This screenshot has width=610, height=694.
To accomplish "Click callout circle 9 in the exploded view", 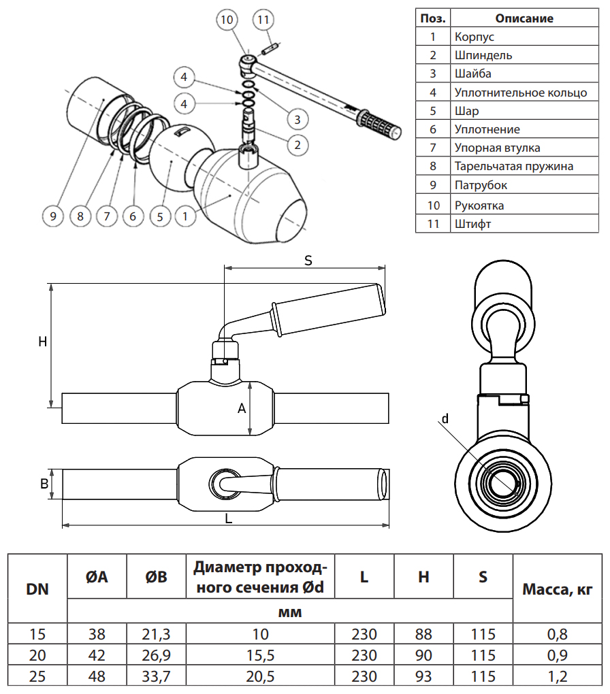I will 52,216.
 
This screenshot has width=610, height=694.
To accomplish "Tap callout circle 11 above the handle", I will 263,20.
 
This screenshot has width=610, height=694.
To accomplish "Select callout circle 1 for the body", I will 184,216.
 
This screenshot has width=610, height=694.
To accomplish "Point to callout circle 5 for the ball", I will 159,216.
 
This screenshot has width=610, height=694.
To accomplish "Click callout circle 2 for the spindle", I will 298,144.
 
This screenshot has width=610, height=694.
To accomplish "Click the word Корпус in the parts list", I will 475,37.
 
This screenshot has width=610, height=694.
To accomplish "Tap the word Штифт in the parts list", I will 470,223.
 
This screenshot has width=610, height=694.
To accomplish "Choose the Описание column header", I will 524,18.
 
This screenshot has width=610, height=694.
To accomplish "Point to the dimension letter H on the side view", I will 42,342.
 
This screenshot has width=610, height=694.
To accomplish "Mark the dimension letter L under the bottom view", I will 229,518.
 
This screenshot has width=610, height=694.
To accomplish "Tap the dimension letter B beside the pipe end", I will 44,484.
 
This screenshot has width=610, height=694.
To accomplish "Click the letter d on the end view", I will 445,419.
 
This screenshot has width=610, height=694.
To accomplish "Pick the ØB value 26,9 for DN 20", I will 156,657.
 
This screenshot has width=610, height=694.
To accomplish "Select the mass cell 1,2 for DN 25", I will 557,678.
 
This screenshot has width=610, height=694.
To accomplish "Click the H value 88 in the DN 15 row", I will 423,635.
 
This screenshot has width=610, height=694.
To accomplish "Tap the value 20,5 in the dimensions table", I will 260,678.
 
